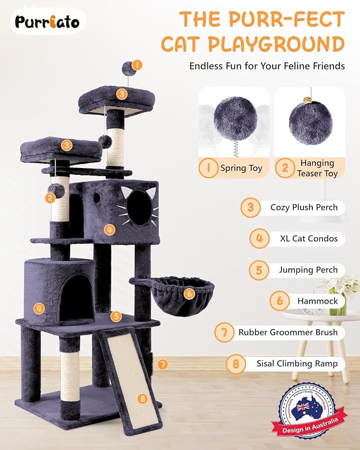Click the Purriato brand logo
47,22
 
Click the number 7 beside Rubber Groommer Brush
225,332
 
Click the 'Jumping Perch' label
308,269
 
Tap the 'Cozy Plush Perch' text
304,207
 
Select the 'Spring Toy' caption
241,168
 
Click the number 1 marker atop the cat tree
137,65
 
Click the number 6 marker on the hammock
189,292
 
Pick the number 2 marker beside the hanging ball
50,198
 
